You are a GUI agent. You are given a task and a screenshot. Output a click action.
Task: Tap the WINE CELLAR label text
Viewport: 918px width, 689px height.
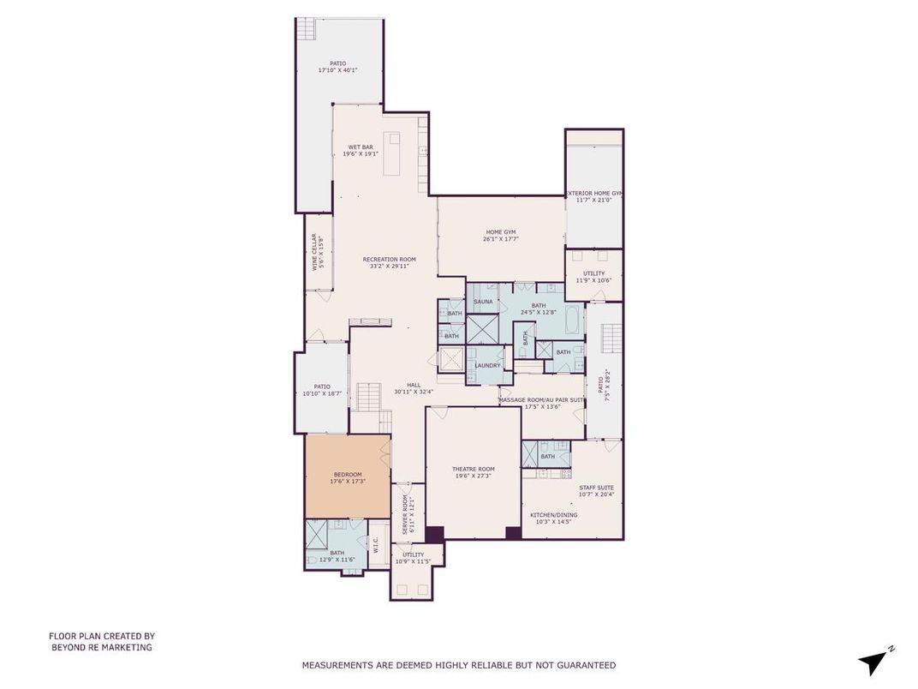point(316,252)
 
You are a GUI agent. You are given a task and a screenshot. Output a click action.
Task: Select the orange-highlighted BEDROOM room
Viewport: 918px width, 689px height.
point(347,476)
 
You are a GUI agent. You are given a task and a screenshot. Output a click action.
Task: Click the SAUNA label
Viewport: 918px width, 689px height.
point(483,302)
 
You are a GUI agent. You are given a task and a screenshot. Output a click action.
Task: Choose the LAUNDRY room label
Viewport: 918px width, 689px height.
point(487,366)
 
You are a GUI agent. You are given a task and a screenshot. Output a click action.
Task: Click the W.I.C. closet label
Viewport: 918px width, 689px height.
point(376,544)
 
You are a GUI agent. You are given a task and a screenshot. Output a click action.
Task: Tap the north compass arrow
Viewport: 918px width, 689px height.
point(874,661)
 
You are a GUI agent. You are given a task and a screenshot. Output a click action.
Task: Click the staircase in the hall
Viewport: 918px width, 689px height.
point(368,396)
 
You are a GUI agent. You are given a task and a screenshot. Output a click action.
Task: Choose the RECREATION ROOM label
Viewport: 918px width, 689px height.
point(389,262)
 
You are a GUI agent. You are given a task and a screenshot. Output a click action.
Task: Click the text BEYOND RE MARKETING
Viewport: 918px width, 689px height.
point(101,648)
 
